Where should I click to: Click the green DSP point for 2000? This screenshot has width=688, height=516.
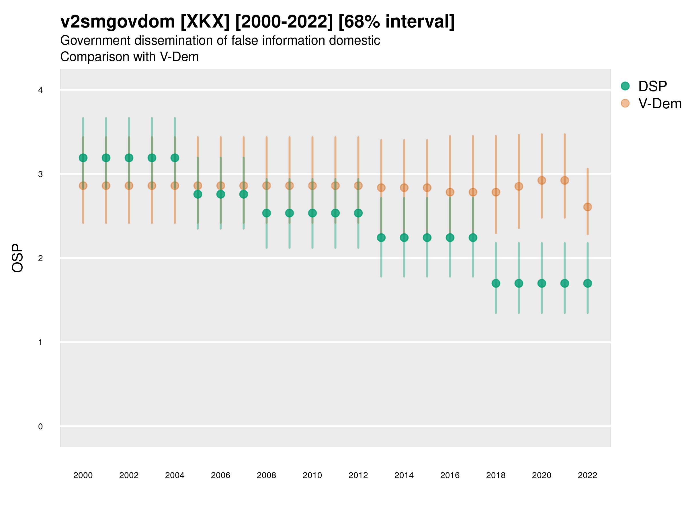tap(83, 158)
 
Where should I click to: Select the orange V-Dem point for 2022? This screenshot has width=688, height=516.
tap(588, 207)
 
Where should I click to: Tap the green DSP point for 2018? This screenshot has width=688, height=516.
tap(496, 283)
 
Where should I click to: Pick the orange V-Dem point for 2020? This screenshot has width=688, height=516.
tap(542, 180)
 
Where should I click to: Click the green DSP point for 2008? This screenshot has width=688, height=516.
tap(267, 213)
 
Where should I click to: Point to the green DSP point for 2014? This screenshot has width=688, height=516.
tap(404, 238)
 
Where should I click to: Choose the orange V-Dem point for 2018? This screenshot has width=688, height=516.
tap(496, 192)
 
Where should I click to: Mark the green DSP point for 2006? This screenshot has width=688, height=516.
tap(220, 194)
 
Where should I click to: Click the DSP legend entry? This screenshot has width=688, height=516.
tap(652, 86)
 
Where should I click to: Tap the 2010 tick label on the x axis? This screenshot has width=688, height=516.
tap(312, 475)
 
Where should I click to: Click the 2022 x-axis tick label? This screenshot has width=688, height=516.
tap(588, 475)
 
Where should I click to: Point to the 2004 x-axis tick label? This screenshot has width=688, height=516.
tap(175, 475)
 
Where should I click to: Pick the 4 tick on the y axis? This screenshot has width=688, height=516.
tap(40, 90)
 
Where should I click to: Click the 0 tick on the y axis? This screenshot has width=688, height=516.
tap(40, 427)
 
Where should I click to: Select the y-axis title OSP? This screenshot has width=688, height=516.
tap(17, 258)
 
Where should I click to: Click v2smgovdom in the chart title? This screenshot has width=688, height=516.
tap(118, 22)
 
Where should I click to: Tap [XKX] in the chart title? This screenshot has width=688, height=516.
tap(205, 22)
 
